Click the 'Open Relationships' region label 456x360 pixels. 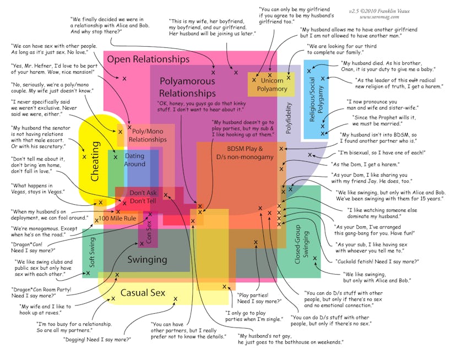pos(148,59)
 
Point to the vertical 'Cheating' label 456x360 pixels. pos(95,162)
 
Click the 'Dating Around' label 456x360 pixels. pos(134,160)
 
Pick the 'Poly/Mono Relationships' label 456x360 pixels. pos(147,135)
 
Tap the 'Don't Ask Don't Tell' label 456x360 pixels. pos(143,197)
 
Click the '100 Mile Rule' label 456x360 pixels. pos(117,219)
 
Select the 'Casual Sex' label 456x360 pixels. pos(143,293)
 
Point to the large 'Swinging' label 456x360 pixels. pos(147,259)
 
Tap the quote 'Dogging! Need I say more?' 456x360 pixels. pos(97,339)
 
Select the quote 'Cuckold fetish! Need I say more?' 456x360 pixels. pos(385,261)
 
